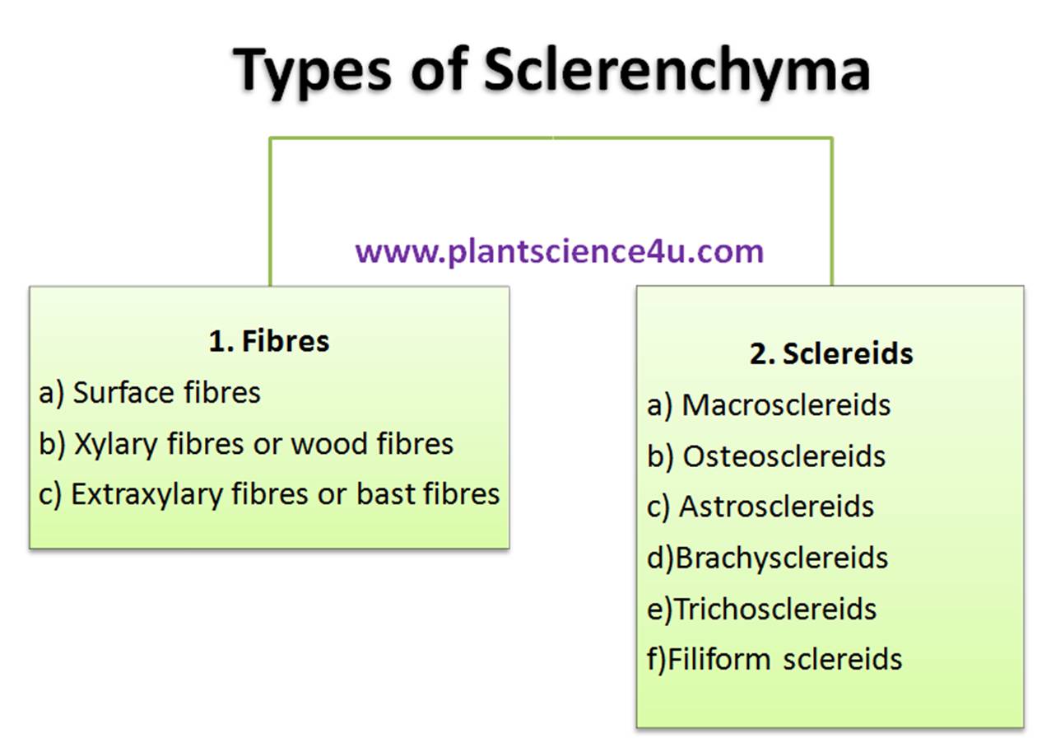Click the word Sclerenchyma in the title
click(676, 71)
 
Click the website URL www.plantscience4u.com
click(560, 250)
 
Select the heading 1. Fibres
click(269, 341)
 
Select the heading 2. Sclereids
click(831, 353)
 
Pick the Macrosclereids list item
click(786, 405)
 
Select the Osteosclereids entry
click(784, 456)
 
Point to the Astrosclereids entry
click(776, 507)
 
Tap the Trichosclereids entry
click(775, 609)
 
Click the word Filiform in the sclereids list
click(719, 659)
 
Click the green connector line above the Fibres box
click(270, 214)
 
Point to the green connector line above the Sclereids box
click(831, 214)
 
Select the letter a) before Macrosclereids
click(660, 406)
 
